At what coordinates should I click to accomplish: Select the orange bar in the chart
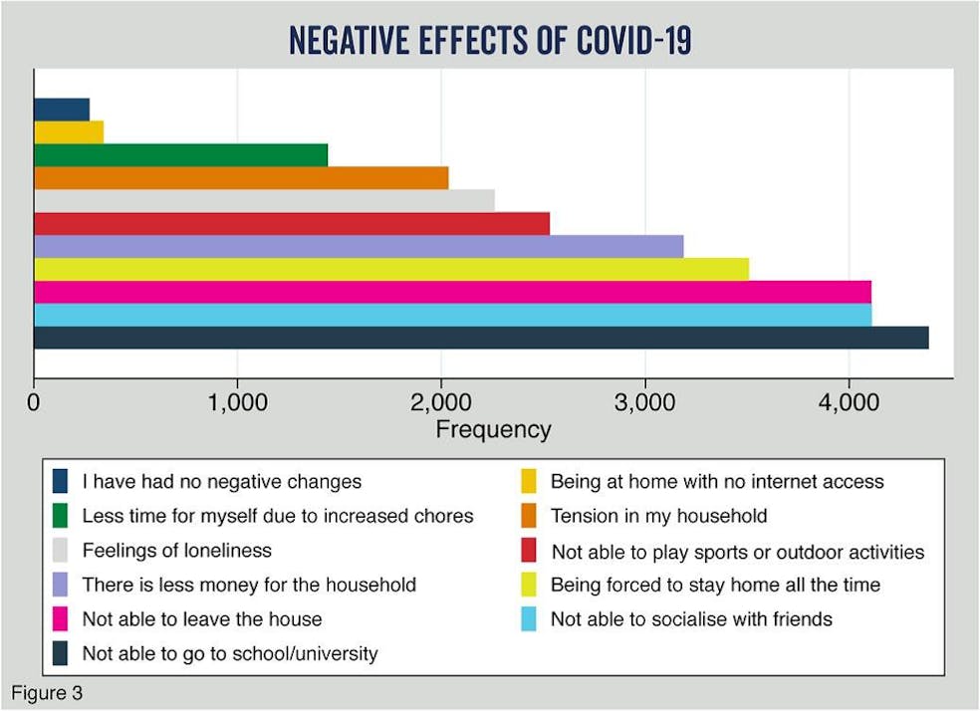[x=241, y=177]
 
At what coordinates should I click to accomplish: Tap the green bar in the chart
[x=180, y=154]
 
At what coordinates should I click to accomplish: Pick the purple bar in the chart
[x=359, y=246]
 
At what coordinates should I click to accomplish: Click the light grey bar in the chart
[x=264, y=200]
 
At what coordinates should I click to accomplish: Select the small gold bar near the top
[x=69, y=131]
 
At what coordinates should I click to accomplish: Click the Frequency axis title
[x=493, y=429]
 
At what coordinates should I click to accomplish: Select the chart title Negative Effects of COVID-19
[x=489, y=41]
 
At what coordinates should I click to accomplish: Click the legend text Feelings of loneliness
[x=176, y=551]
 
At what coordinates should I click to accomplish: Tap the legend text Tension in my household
[x=658, y=516]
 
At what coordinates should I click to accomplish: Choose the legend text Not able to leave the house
[x=201, y=619]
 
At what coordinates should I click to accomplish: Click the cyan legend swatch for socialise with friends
[x=529, y=619]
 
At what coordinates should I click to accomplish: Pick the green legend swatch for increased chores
[x=61, y=516]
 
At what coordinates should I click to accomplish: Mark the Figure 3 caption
[x=46, y=691]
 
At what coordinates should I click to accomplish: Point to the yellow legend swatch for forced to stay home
[x=529, y=585]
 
